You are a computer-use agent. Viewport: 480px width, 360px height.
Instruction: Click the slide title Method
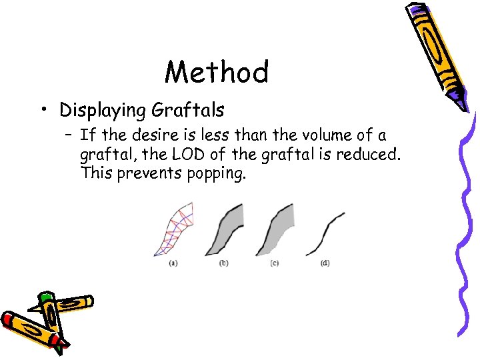217,72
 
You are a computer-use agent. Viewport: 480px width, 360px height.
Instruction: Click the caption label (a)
173,263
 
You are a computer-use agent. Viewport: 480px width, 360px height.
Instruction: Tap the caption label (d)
325,263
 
